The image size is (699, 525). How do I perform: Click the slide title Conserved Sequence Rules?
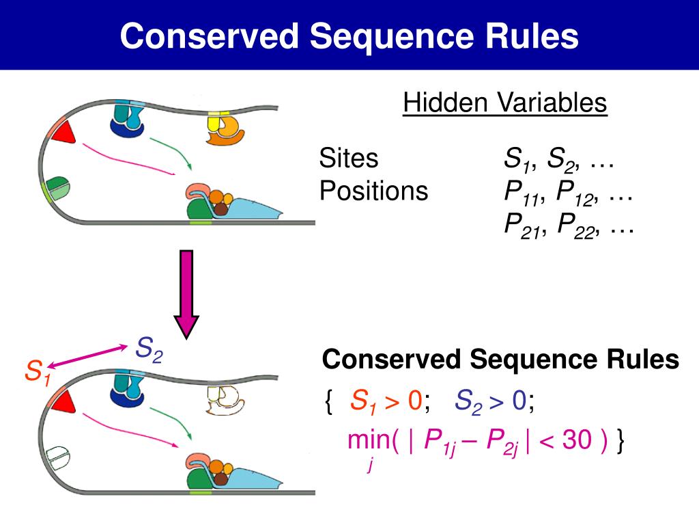(x=349, y=36)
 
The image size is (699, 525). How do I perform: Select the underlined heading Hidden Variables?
(x=504, y=103)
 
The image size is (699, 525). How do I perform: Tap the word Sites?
(x=348, y=159)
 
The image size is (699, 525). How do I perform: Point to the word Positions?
(x=373, y=191)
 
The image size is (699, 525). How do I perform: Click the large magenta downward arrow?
(x=186, y=294)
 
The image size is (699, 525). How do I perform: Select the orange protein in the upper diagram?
(x=227, y=129)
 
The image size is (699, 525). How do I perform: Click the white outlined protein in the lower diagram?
(x=223, y=401)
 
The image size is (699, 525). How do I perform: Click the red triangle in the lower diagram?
(x=63, y=401)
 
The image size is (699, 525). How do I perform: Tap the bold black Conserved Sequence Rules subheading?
(x=500, y=359)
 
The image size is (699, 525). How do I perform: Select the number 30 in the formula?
(x=577, y=441)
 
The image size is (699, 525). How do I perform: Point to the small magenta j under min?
(x=370, y=466)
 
